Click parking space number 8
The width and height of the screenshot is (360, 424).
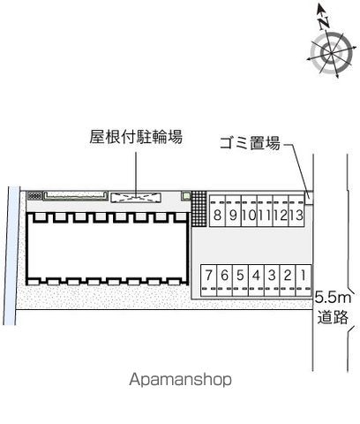tap(217, 211)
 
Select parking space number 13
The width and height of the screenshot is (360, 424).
tap(296, 211)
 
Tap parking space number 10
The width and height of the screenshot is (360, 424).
tap(249, 211)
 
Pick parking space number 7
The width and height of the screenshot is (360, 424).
tap(209, 280)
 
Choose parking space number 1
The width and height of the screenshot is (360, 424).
tap(304, 280)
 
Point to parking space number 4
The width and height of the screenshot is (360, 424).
tap(256, 280)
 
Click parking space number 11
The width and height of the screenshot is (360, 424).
tap(265, 211)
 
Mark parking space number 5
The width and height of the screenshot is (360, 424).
tap(240, 280)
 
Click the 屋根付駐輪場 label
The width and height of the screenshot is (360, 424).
tap(136, 137)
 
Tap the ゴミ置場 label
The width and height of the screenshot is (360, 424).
tap(250, 143)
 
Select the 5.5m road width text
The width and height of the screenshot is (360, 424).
tap(333, 298)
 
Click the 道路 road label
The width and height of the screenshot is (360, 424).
tap(333, 317)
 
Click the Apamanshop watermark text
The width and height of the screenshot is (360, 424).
tap(180, 380)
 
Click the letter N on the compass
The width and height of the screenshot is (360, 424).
tap(324, 23)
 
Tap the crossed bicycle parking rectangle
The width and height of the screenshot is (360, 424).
tap(136, 197)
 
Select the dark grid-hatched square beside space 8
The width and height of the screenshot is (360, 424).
tap(199, 208)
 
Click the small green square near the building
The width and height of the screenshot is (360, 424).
tap(186, 195)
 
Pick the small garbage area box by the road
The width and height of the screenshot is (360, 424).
tap(309, 197)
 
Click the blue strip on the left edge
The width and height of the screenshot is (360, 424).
tap(11, 255)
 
